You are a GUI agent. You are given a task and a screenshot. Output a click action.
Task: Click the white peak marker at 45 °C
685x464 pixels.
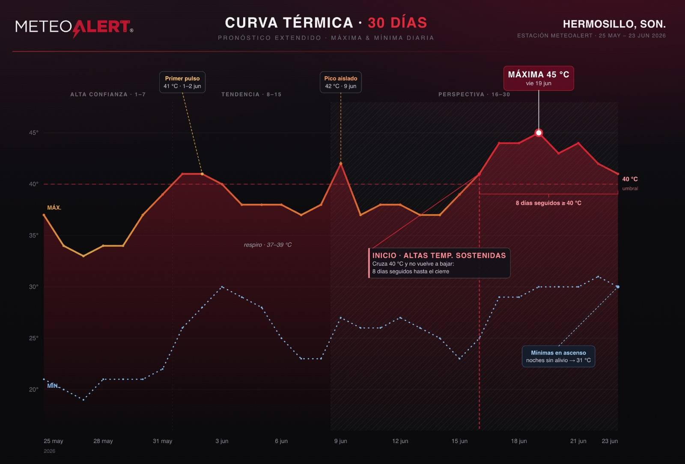(x=539, y=133)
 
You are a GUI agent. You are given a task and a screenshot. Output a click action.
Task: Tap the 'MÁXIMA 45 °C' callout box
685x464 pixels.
(x=539, y=78)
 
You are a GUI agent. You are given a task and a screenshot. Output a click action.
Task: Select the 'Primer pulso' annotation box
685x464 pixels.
(x=182, y=82)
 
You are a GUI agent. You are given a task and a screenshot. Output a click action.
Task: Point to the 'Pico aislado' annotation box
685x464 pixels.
(x=341, y=82)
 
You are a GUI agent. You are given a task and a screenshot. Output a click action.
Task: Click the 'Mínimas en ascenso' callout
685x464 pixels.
(x=558, y=357)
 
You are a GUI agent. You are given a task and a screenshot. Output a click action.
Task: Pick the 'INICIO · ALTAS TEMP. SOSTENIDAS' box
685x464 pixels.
(x=439, y=263)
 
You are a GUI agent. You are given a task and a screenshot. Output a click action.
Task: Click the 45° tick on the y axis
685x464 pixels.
(x=34, y=133)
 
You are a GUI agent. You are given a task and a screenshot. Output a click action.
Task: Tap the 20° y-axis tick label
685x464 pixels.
(x=34, y=390)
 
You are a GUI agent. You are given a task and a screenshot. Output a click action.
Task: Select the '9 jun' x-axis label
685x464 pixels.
(x=341, y=441)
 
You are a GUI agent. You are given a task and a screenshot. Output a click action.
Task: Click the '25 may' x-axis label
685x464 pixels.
(x=53, y=441)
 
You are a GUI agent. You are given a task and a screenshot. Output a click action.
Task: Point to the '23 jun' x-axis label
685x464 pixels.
(x=610, y=441)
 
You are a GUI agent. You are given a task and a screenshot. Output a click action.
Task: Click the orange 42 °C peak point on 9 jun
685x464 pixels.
(x=341, y=164)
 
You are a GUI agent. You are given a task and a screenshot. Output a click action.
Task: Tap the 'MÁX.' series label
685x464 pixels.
(x=54, y=208)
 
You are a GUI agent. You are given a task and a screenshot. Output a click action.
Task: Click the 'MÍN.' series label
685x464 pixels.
(x=53, y=386)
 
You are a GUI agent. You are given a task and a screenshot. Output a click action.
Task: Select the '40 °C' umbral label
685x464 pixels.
(x=630, y=179)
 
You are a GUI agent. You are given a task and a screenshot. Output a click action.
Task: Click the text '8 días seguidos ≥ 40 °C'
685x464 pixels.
(x=548, y=203)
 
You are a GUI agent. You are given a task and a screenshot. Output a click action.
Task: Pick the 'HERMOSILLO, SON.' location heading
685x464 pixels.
(x=614, y=24)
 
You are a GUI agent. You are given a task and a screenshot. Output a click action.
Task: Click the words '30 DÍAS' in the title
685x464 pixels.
(x=397, y=23)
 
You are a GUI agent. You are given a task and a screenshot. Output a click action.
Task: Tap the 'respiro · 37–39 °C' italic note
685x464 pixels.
(x=268, y=245)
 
